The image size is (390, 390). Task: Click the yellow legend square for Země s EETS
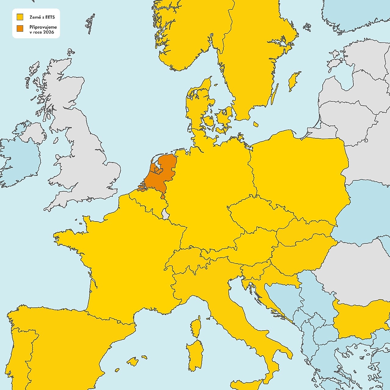tap(20, 17)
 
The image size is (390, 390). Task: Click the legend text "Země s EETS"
tap(42, 17)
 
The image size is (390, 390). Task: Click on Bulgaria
tap(360, 320)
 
